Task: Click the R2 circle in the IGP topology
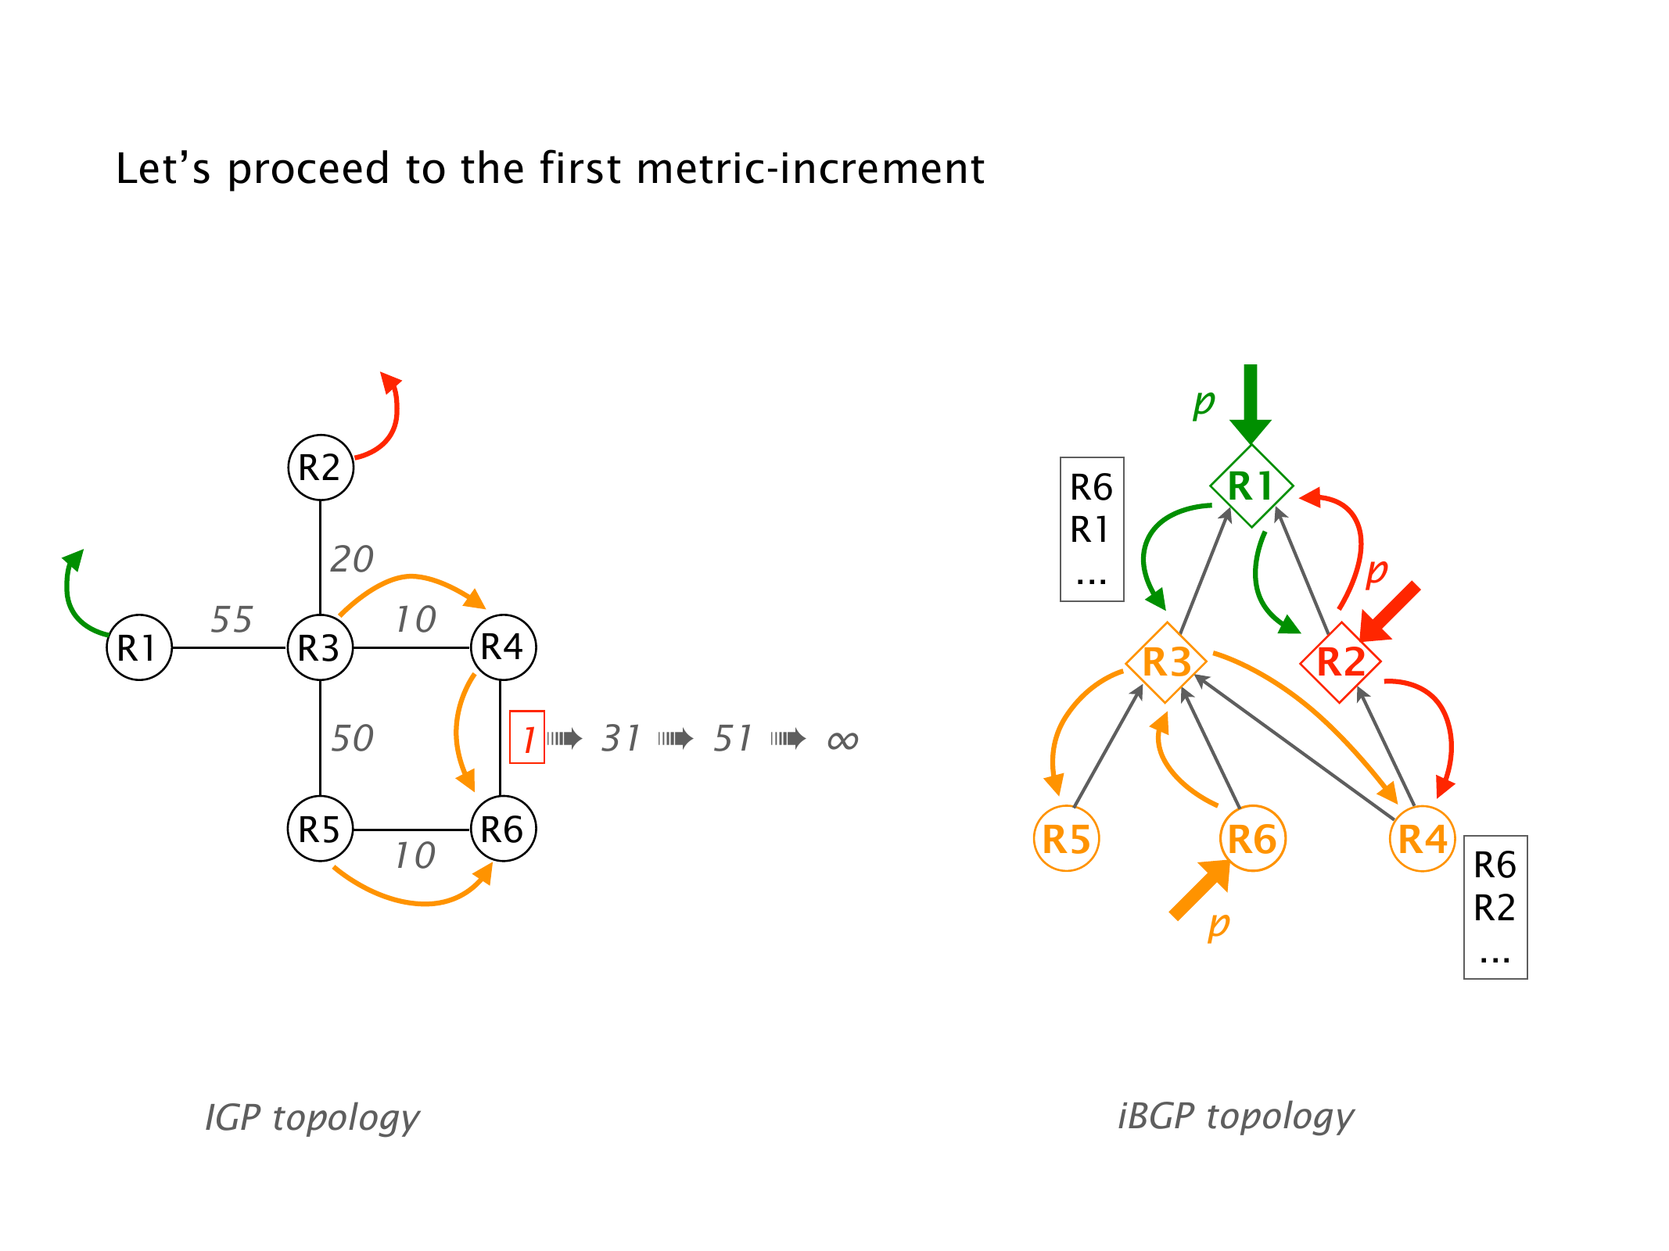point(321,468)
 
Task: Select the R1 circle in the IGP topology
point(138,647)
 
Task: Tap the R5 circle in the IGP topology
point(321,829)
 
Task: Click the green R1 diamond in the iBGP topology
point(1251,486)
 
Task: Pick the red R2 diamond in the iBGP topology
point(1341,662)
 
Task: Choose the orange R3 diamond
point(1165,662)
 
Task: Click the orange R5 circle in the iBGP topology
point(1067,839)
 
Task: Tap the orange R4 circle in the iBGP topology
point(1423,839)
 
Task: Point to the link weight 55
point(232,620)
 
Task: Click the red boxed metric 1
point(527,737)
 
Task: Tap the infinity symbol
point(842,740)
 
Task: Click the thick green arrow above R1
point(1251,403)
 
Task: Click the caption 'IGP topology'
point(312,1117)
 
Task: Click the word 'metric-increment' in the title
point(810,168)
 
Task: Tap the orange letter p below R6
point(1219,925)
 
